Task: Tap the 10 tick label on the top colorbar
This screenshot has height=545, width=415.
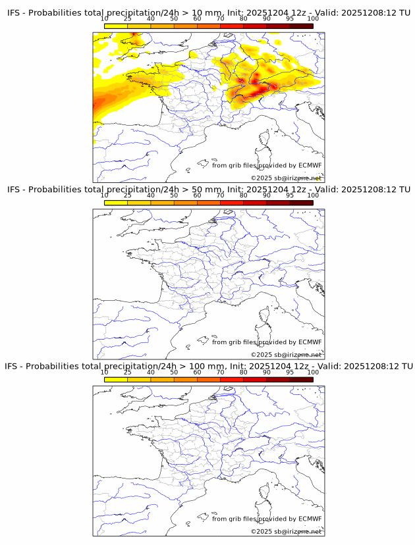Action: [x=105, y=19]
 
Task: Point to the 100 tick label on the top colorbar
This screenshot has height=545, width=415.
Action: [x=312, y=19]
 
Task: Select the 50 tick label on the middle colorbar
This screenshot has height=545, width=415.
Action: [x=174, y=195]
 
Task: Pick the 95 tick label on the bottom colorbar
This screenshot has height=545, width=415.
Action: [x=290, y=372]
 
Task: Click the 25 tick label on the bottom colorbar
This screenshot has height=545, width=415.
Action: [x=127, y=372]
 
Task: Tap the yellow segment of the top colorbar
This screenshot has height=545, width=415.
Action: [x=116, y=26]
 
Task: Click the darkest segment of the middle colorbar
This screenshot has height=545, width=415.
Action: [x=301, y=203]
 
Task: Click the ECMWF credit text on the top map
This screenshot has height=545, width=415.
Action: [x=266, y=165]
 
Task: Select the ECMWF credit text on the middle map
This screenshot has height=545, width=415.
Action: [x=266, y=342]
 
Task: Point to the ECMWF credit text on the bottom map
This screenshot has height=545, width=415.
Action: [x=266, y=518]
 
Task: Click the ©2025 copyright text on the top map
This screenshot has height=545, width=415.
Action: [x=286, y=178]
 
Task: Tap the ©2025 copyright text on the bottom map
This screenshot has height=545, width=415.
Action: [x=286, y=531]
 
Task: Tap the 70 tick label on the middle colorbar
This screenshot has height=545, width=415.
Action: [x=220, y=195]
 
